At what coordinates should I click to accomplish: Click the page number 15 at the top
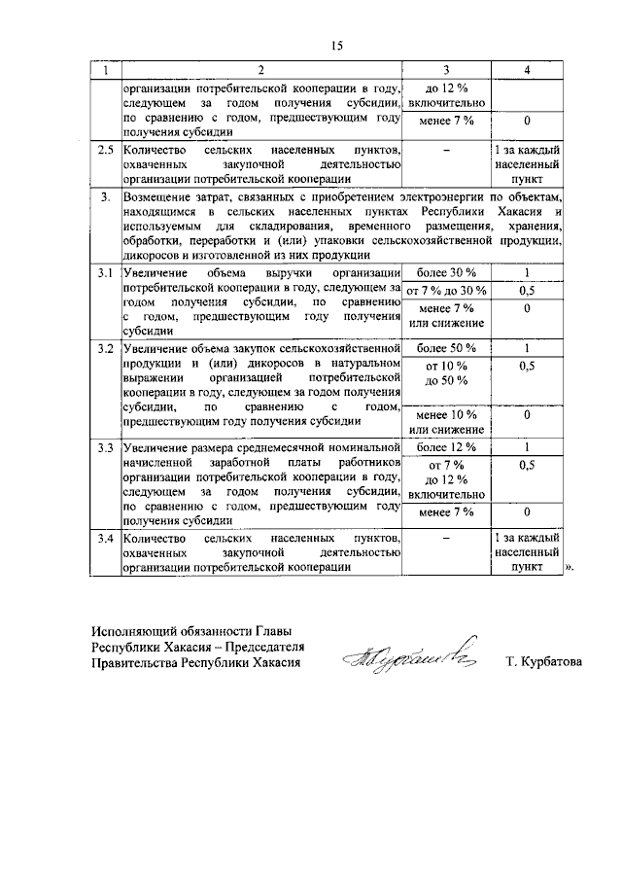(336, 46)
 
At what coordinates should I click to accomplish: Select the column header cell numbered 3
(445, 71)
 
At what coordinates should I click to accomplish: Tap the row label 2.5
(105, 150)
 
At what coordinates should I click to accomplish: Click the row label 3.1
(105, 272)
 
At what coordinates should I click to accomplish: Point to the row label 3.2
(105, 348)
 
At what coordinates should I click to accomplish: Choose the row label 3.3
(105, 447)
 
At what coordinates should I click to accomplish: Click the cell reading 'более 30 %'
(445, 272)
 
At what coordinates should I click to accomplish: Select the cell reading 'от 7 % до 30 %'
(445, 291)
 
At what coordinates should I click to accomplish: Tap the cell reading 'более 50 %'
(445, 348)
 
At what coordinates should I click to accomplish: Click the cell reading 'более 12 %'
(445, 447)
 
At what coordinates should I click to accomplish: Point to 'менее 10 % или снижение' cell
(445, 422)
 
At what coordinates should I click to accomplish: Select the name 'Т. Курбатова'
(543, 663)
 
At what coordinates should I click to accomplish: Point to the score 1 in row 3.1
(526, 272)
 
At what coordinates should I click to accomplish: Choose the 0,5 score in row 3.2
(526, 366)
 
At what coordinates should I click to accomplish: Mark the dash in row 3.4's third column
(445, 537)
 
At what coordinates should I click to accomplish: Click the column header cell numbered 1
(105, 71)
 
